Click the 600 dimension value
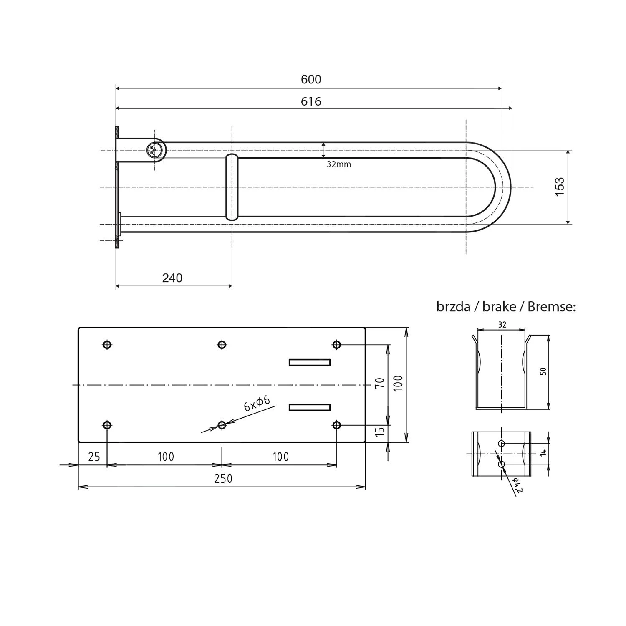pos(311,79)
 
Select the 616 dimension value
pos(311,101)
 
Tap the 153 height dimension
pos(560,187)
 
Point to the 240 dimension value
pos(172,278)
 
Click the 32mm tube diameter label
pos(338,164)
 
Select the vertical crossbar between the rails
pos(232,187)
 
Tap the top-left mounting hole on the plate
pos(107,345)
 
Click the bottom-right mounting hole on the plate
pos(337,425)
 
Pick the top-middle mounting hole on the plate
pos(222,345)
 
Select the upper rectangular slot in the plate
pos(310,362)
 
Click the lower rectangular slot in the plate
pos(310,407)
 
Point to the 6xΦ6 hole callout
pos(257,404)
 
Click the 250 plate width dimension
pos(223,479)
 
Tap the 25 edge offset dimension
pos(94,457)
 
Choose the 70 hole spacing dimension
pos(380,383)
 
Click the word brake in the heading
pos(499,307)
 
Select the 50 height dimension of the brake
pos(543,371)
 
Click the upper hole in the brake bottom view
pos(502,443)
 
